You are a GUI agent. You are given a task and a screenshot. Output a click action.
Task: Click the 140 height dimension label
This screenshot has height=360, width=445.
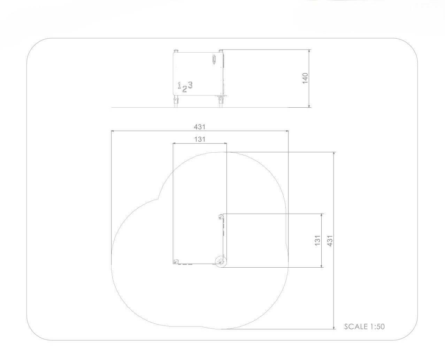(305, 78)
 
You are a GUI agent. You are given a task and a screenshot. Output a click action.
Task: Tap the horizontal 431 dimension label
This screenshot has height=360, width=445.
(200, 127)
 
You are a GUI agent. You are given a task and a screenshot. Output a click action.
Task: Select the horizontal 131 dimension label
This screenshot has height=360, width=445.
(200, 139)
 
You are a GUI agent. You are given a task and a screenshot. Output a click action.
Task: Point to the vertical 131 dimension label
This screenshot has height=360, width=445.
(317, 240)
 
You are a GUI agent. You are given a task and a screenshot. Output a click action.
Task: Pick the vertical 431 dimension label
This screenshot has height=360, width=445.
(330, 241)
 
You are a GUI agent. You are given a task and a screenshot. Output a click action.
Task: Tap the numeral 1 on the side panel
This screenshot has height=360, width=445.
(179, 85)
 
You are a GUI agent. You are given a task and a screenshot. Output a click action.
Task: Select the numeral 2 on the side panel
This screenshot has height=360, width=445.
(184, 89)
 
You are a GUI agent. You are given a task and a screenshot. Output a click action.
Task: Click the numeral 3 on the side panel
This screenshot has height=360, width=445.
(190, 85)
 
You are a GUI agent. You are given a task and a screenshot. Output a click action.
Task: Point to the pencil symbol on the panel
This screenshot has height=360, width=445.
(214, 59)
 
